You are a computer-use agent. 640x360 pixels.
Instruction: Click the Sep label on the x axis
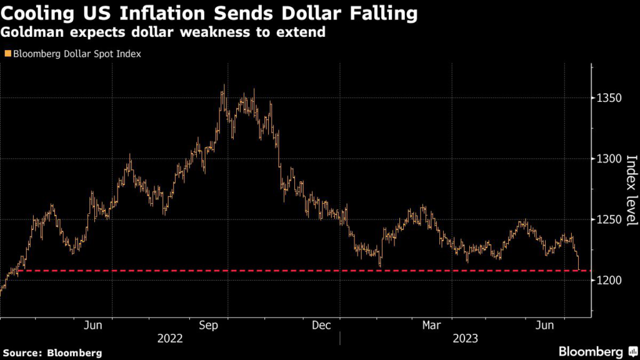coord(207,325)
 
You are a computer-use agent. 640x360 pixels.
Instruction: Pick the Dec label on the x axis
coord(321,325)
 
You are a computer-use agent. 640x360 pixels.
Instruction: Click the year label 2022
coord(170,339)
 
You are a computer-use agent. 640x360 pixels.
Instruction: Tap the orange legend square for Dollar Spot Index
coord(7,54)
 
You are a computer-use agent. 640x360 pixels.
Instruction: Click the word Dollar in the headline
coord(304,12)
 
